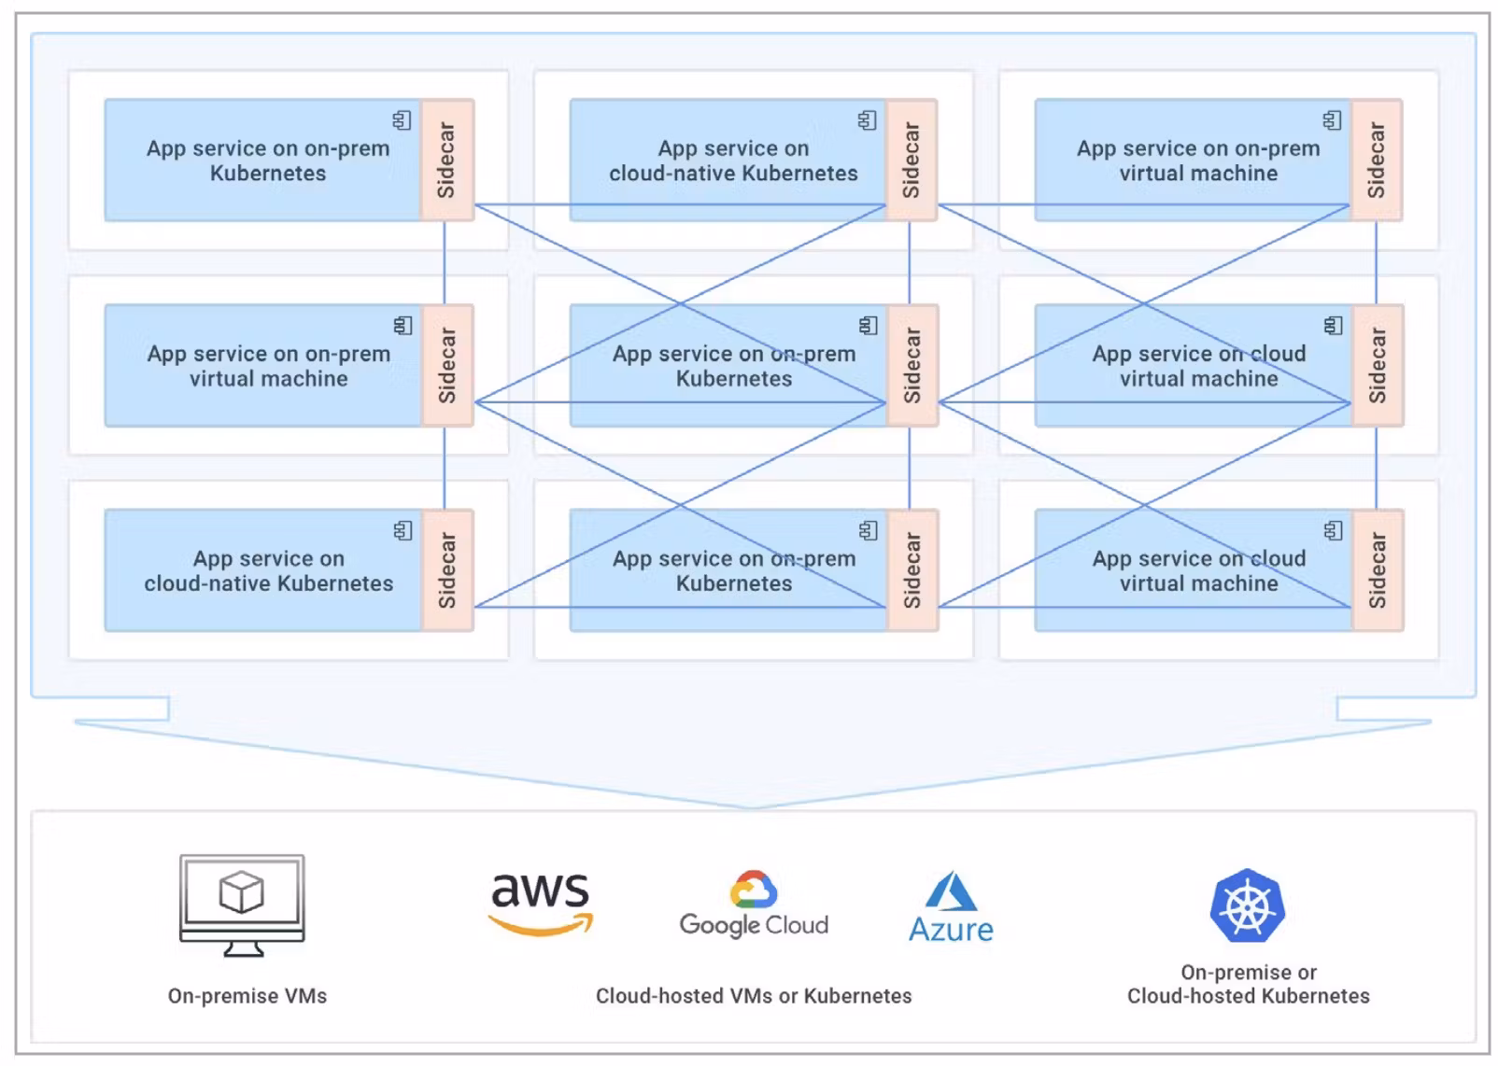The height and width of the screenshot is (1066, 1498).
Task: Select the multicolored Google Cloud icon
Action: [x=754, y=889]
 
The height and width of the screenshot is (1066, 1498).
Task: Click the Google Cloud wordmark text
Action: [x=754, y=924]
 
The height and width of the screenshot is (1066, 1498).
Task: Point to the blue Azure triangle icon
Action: [x=951, y=891]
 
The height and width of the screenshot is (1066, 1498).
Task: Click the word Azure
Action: [x=951, y=930]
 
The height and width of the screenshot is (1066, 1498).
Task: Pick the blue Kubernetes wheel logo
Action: [x=1248, y=905]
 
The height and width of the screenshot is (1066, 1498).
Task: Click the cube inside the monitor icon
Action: [x=241, y=891]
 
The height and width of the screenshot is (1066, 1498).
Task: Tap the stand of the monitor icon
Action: [x=243, y=949]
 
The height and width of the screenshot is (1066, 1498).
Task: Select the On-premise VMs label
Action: [x=247, y=996]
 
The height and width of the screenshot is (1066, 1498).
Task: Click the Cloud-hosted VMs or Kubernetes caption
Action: [x=754, y=996]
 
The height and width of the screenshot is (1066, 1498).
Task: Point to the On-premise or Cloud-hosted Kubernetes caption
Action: [x=1248, y=985]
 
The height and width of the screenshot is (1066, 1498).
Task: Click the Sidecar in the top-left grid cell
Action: [x=447, y=160]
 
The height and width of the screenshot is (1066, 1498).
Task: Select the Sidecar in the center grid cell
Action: [x=912, y=365]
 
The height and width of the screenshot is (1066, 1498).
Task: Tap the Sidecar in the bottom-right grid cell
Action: [x=1377, y=569]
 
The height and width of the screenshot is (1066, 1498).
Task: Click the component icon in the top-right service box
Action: [x=1332, y=120]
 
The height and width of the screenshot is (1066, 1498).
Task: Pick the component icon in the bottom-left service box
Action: [x=403, y=530]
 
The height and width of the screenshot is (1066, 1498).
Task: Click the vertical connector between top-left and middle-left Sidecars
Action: [x=445, y=262]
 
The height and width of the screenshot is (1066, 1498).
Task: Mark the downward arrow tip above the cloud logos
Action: [x=753, y=806]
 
